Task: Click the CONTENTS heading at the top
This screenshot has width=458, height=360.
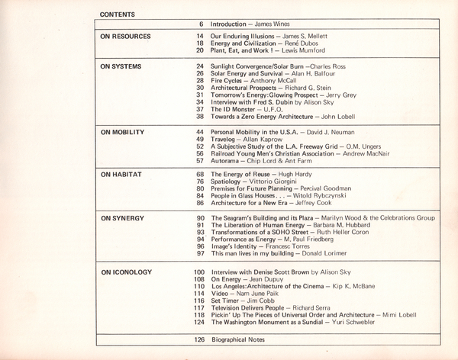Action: (x=117, y=14)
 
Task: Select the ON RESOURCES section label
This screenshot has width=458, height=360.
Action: (x=126, y=37)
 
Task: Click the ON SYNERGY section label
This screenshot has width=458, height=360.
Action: (x=122, y=219)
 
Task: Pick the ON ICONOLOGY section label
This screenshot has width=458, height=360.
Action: (x=127, y=272)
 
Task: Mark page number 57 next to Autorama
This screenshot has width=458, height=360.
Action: (x=199, y=162)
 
